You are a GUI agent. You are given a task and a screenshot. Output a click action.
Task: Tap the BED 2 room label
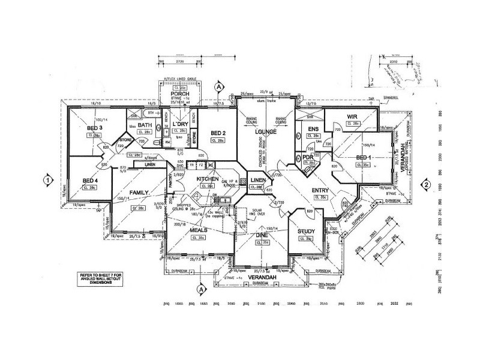217,133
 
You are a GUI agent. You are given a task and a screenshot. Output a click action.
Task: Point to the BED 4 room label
89,181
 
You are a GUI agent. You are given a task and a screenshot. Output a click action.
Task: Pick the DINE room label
262,236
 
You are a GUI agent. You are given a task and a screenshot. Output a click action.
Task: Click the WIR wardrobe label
353,116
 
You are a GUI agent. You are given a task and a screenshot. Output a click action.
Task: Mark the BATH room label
144,125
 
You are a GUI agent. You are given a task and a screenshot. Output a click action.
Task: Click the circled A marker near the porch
220,87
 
